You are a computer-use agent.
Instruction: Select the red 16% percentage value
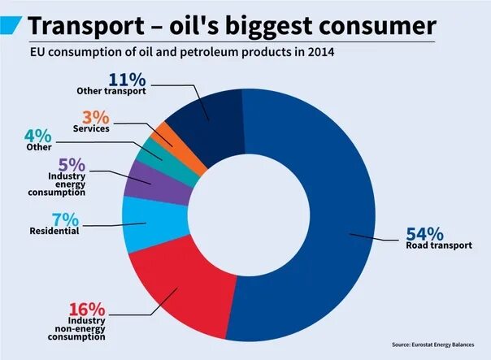coord(87,309)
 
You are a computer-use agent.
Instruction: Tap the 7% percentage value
coord(66,219)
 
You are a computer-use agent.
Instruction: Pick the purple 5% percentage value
coord(67,163)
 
